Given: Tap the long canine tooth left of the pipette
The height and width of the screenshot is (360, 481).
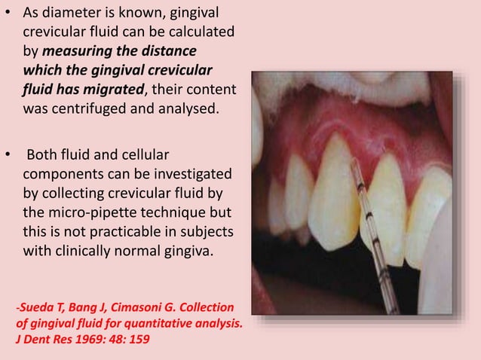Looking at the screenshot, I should coord(339,211).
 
